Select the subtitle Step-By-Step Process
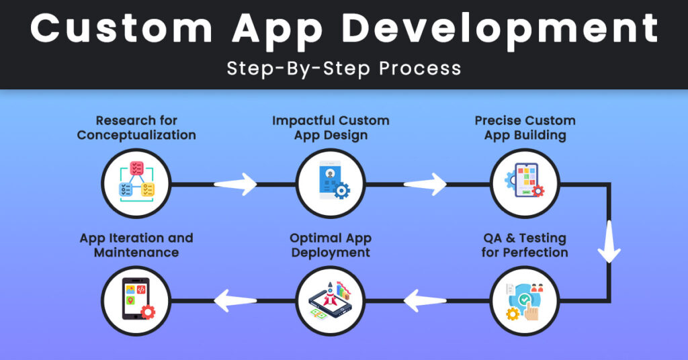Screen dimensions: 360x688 (344, 68)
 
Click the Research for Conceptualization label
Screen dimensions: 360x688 (136, 128)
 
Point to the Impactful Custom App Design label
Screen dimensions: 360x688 (331, 128)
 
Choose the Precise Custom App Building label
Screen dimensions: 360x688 (525, 128)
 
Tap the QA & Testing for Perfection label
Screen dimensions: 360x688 (525, 245)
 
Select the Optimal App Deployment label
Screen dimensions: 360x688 (331, 245)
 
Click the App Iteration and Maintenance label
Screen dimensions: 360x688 (136, 245)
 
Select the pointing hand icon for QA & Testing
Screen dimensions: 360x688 (525, 300)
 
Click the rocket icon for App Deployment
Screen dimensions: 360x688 (331, 300)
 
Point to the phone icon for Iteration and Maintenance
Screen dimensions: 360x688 (136, 300)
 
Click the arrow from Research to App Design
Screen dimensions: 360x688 (235, 183)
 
